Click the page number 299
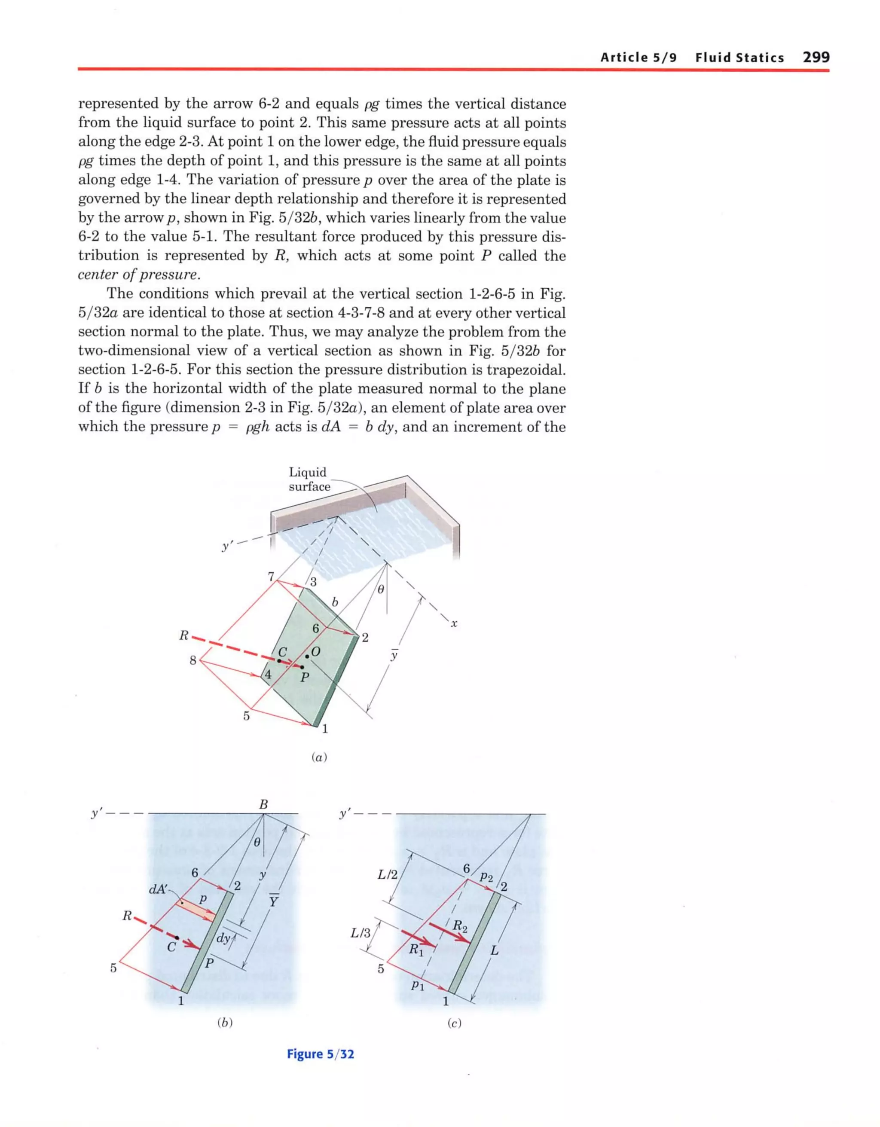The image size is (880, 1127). tap(816, 57)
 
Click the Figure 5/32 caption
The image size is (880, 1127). tap(321, 1054)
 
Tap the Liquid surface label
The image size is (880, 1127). tap(309, 479)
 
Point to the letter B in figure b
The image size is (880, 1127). tap(263, 804)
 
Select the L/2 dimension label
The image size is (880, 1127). tap(388, 874)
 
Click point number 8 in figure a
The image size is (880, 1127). tap(193, 660)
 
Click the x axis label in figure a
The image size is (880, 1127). tap(454, 624)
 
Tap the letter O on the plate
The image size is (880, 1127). tap(316, 652)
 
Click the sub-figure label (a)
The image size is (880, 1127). tap(320, 757)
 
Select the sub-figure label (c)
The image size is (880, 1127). tap(454, 1023)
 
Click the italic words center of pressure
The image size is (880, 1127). tap(138, 275)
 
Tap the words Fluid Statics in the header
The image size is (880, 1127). tap(739, 57)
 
